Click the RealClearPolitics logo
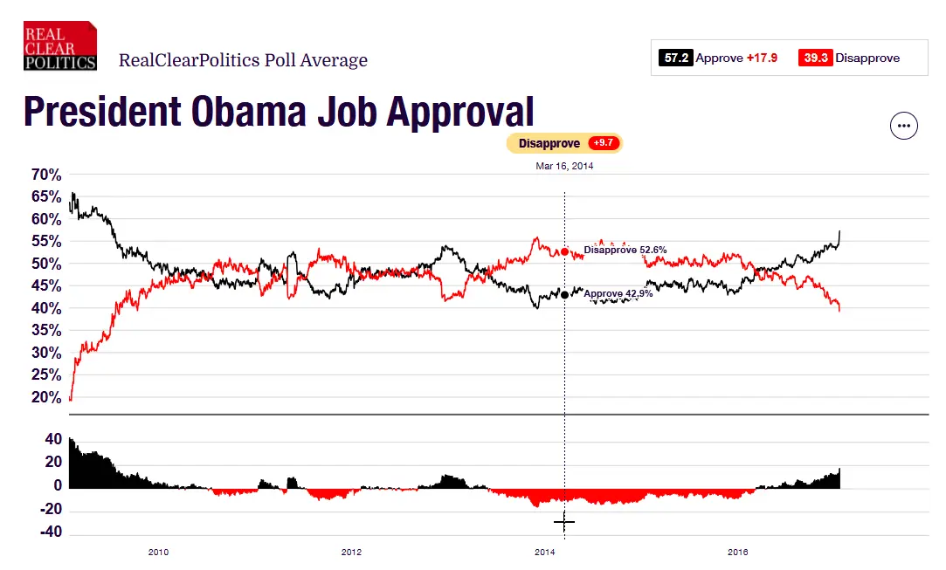point(59,45)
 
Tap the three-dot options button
point(904,126)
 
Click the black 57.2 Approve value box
point(675,58)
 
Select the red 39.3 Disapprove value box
point(815,58)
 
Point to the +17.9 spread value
point(762,58)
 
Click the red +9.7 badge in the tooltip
point(603,143)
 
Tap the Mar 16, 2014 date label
point(564,166)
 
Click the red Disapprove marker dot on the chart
point(565,251)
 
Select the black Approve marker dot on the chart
point(565,295)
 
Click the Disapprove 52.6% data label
point(625,250)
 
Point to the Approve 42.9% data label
point(618,294)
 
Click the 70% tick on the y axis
point(46,175)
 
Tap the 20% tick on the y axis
point(46,397)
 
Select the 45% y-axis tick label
point(46,285)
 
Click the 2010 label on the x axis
point(158,552)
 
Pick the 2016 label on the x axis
point(738,552)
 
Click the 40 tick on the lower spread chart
point(53,439)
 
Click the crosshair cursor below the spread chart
point(564,523)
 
